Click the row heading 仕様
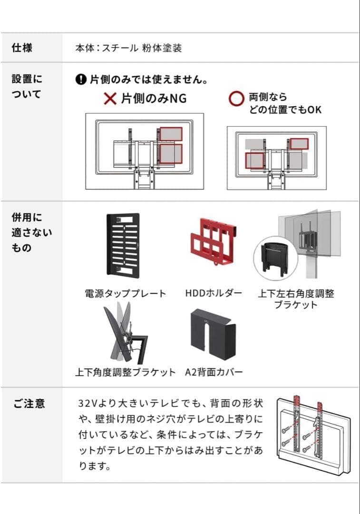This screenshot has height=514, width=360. [22, 48]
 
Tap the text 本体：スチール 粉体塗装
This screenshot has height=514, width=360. [128, 48]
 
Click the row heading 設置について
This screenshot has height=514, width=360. [27, 86]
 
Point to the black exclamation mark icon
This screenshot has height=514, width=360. [81, 79]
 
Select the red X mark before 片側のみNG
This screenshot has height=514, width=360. [110, 99]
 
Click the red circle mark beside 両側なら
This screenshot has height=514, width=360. [236, 99]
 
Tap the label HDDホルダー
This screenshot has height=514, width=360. [214, 293]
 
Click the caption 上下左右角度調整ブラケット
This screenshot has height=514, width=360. [296, 299]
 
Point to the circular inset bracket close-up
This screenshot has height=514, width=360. [275, 257]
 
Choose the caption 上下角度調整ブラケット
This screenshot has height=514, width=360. [125, 372]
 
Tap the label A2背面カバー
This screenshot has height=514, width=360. [214, 372]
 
